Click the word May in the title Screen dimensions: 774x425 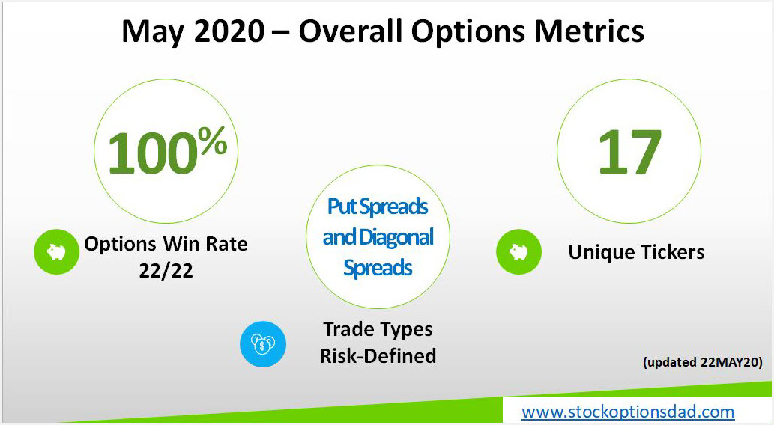pyautogui.click(x=153, y=32)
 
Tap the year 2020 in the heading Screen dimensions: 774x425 pyautogui.click(x=229, y=31)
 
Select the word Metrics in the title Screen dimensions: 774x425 pyautogui.click(x=590, y=31)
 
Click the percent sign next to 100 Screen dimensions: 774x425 pyautogui.click(x=213, y=141)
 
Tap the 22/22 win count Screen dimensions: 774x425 pyautogui.click(x=166, y=271)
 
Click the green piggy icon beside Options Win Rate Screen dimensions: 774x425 pyautogui.click(x=56, y=252)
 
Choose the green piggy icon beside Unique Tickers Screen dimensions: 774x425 pyautogui.click(x=518, y=251)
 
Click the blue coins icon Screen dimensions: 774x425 pyautogui.click(x=262, y=344)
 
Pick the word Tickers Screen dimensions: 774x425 pyautogui.click(x=672, y=252)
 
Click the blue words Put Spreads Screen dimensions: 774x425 pyautogui.click(x=378, y=207)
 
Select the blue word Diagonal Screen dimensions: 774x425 pyautogui.click(x=396, y=238)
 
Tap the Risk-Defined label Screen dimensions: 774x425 pyautogui.click(x=378, y=355)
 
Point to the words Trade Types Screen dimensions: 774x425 pyautogui.click(x=378, y=329)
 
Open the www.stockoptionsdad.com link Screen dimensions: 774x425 pyautogui.click(x=628, y=412)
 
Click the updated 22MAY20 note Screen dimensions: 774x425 pyautogui.click(x=702, y=362)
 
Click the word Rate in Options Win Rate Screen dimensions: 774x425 pyautogui.click(x=226, y=244)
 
